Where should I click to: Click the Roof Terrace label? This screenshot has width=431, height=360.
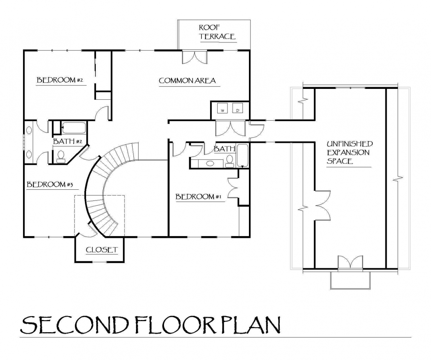click(217, 32)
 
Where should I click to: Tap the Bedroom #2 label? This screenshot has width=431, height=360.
click(60, 80)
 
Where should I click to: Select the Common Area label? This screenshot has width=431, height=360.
click(187, 81)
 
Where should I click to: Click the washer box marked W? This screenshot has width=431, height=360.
click(222, 108)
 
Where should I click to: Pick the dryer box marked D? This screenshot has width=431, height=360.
click(238, 108)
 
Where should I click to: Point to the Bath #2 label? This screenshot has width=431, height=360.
click(68, 141)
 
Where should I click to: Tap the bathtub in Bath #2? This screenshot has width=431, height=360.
click(73, 128)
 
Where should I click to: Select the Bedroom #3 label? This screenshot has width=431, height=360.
click(50, 184)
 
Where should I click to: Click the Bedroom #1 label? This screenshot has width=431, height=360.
click(199, 197)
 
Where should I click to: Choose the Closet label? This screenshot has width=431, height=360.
click(102, 250)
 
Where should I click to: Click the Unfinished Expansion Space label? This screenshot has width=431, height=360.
click(350, 152)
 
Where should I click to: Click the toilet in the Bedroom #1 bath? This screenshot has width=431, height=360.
click(230, 161)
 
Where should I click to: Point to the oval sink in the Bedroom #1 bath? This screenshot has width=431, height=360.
click(210, 163)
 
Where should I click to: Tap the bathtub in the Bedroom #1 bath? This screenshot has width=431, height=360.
click(242, 156)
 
